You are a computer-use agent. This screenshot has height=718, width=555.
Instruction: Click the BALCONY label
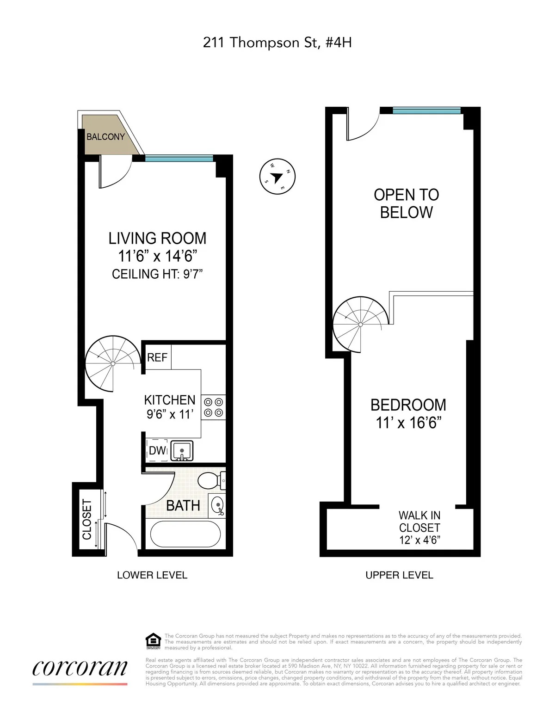(x=105, y=137)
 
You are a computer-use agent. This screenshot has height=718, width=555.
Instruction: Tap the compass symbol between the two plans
(x=277, y=177)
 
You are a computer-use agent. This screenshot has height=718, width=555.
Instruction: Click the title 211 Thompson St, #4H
(x=277, y=43)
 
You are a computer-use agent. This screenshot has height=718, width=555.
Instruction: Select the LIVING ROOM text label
(x=157, y=239)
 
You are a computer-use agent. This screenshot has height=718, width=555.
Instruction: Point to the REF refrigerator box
(x=157, y=357)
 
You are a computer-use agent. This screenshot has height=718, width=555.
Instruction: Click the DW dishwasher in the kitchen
(x=157, y=450)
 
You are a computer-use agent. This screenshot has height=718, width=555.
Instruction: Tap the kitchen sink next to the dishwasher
(x=182, y=451)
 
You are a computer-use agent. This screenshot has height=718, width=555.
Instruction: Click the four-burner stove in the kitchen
(x=214, y=407)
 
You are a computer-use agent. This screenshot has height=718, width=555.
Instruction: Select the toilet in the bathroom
(x=211, y=480)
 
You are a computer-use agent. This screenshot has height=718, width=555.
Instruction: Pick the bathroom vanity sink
(x=218, y=504)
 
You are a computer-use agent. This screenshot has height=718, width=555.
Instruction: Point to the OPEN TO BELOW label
(x=406, y=203)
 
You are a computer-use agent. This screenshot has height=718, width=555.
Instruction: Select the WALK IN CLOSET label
(x=419, y=528)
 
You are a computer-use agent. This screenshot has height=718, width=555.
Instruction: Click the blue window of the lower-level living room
(x=179, y=159)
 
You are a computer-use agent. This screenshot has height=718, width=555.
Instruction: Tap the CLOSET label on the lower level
(x=87, y=519)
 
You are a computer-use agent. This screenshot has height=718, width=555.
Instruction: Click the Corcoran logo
(x=80, y=669)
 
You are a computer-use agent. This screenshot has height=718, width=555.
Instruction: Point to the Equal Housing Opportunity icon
(x=153, y=642)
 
